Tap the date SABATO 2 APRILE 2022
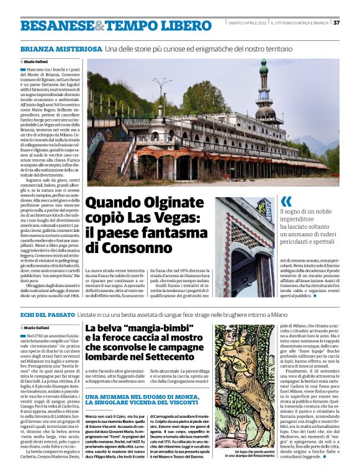(x=246, y=23)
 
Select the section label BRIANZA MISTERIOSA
(x=61, y=48)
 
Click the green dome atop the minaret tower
(x=264, y=64)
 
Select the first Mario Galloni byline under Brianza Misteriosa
(x=37, y=63)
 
